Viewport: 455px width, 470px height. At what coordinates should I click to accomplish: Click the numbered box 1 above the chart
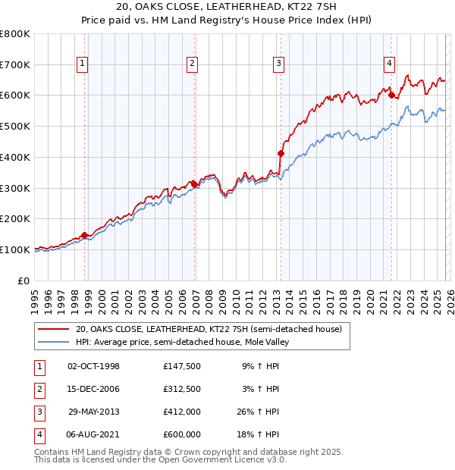point(82,64)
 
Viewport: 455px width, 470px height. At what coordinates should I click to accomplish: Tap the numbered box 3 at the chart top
point(278,64)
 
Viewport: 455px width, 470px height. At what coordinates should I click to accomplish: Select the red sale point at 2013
point(281,153)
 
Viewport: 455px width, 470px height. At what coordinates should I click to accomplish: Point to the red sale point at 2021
point(391,95)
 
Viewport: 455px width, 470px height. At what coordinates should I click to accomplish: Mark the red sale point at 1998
point(84,235)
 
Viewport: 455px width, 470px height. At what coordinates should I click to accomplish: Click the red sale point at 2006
point(195,183)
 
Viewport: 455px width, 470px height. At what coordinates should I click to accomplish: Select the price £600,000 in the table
point(181,434)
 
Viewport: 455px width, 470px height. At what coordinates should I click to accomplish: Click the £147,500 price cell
point(181,366)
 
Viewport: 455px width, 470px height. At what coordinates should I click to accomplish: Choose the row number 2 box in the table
point(37,389)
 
